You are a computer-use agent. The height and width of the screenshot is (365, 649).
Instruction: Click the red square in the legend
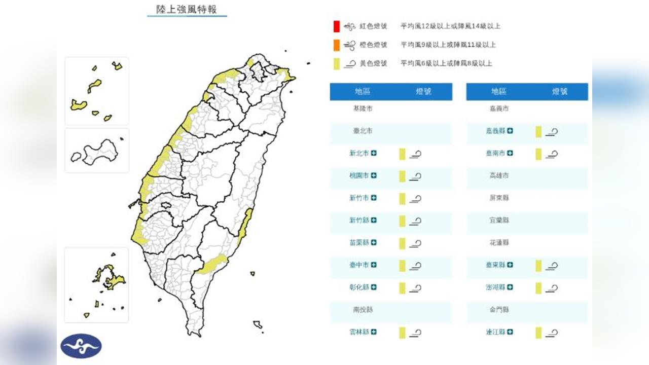pos(337,26)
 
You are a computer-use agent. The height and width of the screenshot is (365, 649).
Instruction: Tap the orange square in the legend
pos(337,45)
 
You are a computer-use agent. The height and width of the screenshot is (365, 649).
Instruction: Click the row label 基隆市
pos(363,108)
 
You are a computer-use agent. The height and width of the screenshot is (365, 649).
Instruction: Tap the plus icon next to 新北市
pos(374,153)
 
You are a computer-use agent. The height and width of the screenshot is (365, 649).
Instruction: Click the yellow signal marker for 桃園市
pos(402,176)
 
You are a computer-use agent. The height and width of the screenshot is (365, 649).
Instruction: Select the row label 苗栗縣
pos(359,242)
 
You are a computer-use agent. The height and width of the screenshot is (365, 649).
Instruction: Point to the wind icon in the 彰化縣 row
pos(416,288)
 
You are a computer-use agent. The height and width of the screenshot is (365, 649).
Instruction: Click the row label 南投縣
pos(363,309)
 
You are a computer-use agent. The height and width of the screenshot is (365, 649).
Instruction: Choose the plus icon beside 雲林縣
pos(374,332)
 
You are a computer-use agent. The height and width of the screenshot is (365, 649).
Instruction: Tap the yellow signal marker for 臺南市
pos(538,154)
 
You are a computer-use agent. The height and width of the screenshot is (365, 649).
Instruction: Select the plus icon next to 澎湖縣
pos(510,287)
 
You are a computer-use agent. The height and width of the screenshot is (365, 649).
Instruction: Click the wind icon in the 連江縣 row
pos(552,333)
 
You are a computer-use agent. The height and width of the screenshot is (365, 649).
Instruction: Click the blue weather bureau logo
pos(81,346)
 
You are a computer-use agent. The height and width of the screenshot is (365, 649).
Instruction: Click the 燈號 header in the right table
pos(560,92)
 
